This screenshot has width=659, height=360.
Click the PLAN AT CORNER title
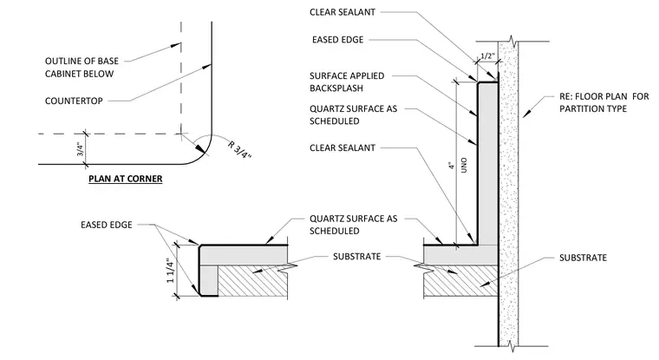[125, 179]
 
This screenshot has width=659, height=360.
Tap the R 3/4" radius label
[239, 149]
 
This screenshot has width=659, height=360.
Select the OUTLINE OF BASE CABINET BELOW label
[82, 68]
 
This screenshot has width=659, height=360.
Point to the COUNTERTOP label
[74, 101]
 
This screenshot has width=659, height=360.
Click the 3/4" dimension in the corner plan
[81, 149]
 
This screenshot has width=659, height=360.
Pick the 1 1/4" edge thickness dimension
[170, 271]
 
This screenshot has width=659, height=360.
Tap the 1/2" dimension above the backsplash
[487, 56]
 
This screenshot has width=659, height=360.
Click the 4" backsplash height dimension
[452, 166]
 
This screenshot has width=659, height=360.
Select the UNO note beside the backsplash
[464, 165]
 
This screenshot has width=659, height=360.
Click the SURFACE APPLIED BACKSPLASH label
[347, 82]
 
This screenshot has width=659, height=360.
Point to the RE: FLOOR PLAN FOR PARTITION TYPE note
[604, 102]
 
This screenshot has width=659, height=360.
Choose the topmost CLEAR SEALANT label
[343, 12]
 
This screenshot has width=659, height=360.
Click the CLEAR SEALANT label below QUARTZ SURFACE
[343, 148]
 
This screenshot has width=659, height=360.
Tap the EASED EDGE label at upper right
[338, 40]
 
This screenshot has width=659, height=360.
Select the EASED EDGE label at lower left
[107, 225]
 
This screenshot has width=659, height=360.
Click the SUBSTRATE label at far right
[583, 258]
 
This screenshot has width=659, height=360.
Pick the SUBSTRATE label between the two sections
[357, 257]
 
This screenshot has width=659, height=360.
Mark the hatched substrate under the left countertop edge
[252, 281]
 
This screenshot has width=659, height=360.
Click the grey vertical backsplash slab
[487, 164]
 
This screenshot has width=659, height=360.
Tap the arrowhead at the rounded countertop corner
[200, 149]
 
